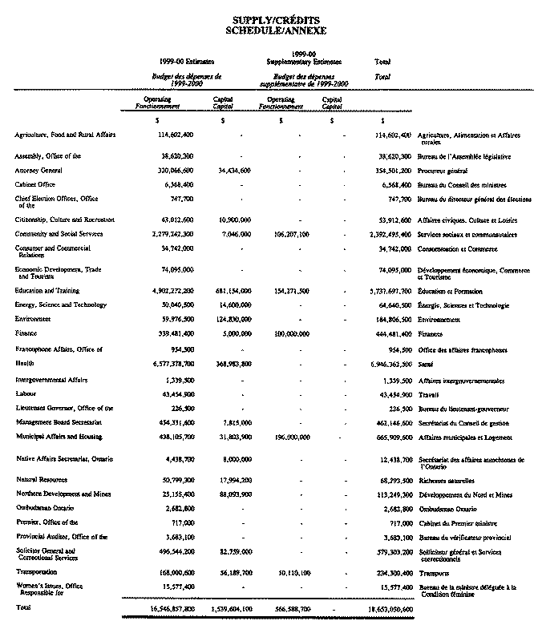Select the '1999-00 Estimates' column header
click(187, 61)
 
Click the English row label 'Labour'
click(26, 394)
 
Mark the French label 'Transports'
click(434, 574)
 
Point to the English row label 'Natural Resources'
click(39, 480)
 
